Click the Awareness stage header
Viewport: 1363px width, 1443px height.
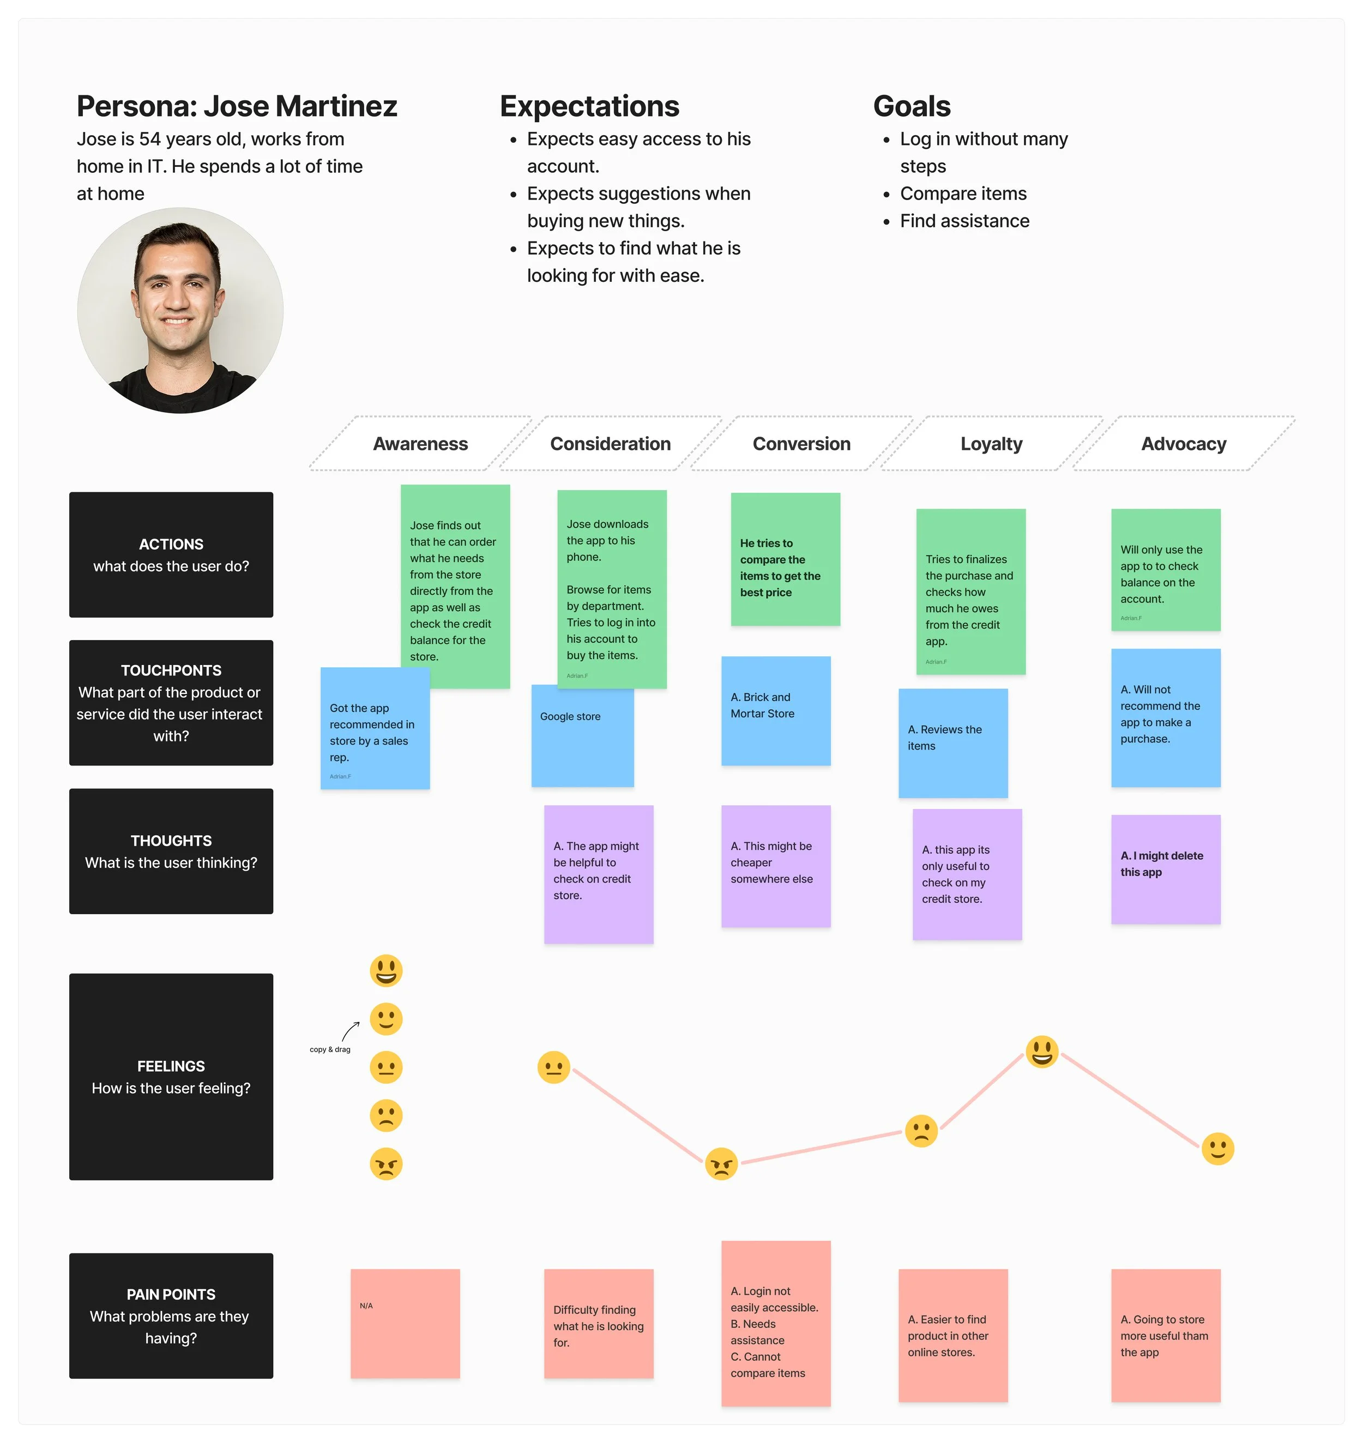[420, 444]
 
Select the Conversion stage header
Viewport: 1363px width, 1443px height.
[801, 444]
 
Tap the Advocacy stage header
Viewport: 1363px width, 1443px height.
[1183, 444]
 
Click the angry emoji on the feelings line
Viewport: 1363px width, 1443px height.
[721, 1164]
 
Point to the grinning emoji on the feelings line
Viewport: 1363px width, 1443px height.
[1041, 1052]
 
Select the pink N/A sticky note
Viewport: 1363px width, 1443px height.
[405, 1323]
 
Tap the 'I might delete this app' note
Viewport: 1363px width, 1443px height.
[1166, 869]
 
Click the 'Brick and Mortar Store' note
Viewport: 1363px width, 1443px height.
[775, 711]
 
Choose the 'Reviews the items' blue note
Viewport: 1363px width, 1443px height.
[952, 742]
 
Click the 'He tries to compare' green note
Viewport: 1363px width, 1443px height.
[785, 559]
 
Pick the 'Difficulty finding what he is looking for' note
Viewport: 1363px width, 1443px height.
[598, 1323]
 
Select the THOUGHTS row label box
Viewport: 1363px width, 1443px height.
[171, 851]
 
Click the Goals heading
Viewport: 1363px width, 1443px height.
[911, 106]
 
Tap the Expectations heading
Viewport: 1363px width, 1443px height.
[589, 106]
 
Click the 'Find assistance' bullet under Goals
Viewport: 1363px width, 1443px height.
[964, 221]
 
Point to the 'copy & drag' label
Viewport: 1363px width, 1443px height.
[330, 1049]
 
